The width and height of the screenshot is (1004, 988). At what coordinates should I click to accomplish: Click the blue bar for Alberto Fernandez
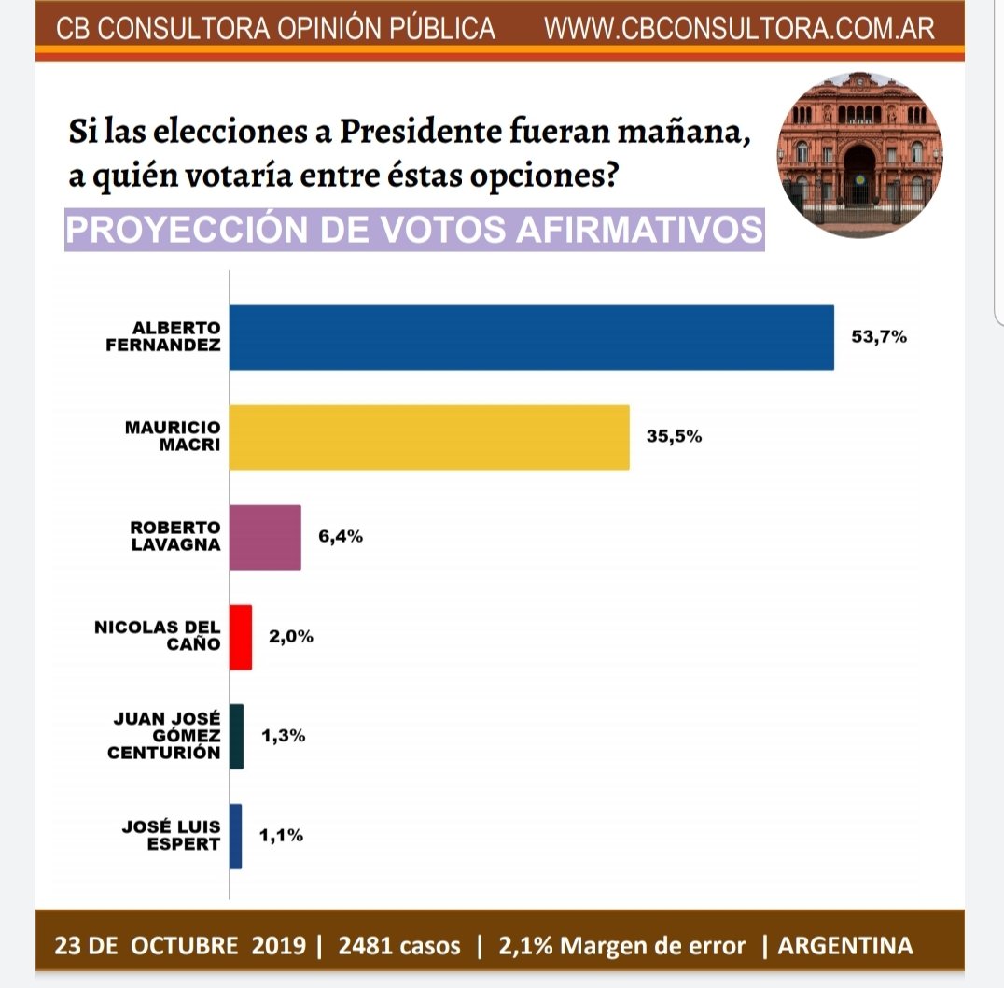pyautogui.click(x=531, y=337)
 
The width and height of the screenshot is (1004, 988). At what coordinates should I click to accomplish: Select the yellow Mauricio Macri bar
pyautogui.click(x=429, y=437)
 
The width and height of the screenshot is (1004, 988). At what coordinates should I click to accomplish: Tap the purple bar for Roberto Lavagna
pyautogui.click(x=265, y=537)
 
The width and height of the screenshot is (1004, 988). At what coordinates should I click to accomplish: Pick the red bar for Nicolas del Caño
pyautogui.click(x=241, y=637)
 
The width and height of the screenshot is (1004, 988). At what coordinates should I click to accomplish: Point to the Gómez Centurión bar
pyautogui.click(x=236, y=737)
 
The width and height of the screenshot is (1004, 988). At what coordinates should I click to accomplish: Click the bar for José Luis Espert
pyautogui.click(x=235, y=837)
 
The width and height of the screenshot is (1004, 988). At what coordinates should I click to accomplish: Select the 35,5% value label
pyautogui.click(x=674, y=436)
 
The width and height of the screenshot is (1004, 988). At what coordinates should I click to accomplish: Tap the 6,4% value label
pyautogui.click(x=341, y=537)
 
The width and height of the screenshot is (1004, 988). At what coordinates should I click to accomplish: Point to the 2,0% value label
pyautogui.click(x=291, y=637)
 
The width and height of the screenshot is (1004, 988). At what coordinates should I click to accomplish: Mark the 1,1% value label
pyautogui.click(x=281, y=837)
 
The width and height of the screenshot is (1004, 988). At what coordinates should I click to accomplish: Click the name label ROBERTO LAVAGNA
pyautogui.click(x=175, y=537)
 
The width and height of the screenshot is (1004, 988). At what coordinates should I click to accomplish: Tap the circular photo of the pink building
pyautogui.click(x=860, y=154)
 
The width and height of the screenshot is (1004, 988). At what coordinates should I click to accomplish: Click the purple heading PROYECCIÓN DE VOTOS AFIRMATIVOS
pyautogui.click(x=414, y=230)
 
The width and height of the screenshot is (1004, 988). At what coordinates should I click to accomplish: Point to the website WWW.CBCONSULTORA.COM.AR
pyautogui.click(x=739, y=29)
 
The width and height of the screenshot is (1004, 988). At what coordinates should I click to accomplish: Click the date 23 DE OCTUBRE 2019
pyautogui.click(x=180, y=945)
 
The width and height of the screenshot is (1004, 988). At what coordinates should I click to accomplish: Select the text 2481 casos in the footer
pyautogui.click(x=399, y=945)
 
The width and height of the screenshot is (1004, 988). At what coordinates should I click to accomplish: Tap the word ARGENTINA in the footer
pyautogui.click(x=845, y=945)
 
